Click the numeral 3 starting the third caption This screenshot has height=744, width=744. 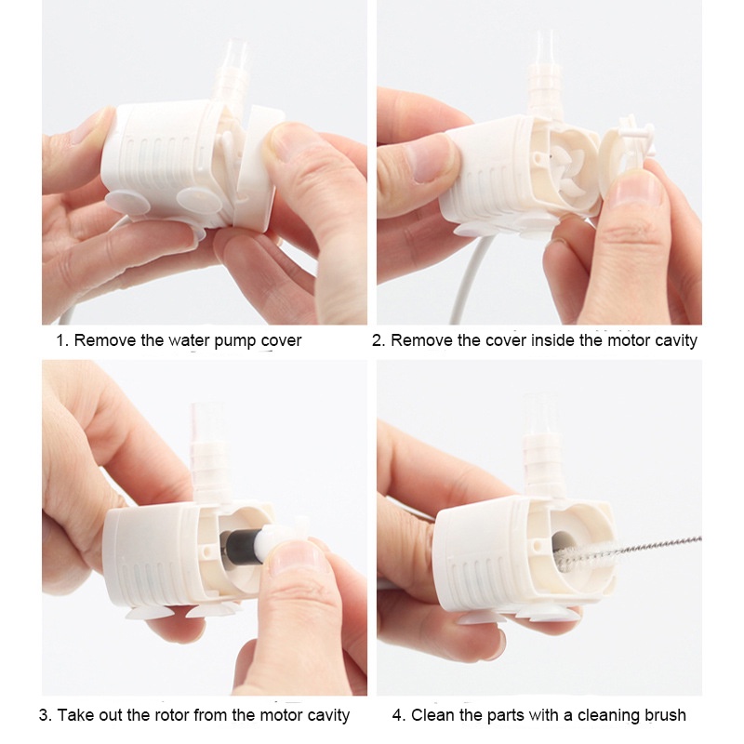coord(44,715)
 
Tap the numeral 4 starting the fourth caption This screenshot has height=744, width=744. coord(398,715)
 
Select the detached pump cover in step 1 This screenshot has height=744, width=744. coord(257,167)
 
